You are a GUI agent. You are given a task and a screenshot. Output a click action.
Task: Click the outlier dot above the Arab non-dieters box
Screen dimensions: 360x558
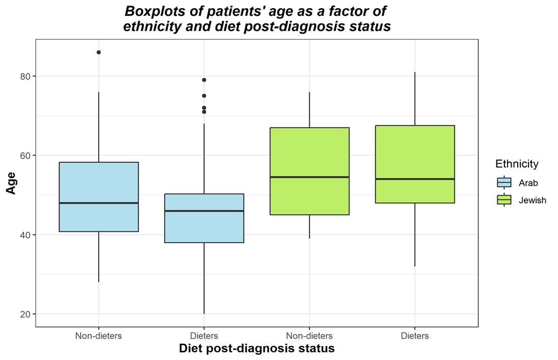click(99, 53)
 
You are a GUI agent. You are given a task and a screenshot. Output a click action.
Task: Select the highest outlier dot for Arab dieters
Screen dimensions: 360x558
click(204, 80)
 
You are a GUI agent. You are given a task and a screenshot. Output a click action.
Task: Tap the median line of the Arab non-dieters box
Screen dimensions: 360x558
click(99, 203)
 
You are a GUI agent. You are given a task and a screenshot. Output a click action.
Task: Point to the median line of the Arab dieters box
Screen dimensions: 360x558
click(204, 211)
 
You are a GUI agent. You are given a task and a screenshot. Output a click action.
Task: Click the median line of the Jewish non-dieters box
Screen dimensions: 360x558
click(309, 177)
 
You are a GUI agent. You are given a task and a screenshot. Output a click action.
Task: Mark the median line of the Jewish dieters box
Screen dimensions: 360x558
click(415, 179)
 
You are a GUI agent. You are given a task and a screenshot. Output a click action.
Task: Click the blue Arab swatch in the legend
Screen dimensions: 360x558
click(504, 183)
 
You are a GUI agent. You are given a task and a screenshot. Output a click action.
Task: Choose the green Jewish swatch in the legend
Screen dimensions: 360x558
click(504, 200)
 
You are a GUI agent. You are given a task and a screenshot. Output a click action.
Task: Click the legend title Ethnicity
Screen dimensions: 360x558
click(517, 164)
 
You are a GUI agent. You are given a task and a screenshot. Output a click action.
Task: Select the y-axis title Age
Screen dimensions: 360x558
click(11, 182)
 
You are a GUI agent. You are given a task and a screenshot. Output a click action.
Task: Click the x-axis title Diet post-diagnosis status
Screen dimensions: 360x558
click(257, 349)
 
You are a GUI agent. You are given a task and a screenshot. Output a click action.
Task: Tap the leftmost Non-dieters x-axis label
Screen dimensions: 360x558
click(99, 336)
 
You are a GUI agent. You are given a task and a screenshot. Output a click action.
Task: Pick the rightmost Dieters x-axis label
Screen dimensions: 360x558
click(415, 336)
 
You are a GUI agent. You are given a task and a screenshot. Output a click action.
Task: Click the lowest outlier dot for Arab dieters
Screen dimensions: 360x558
click(204, 112)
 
